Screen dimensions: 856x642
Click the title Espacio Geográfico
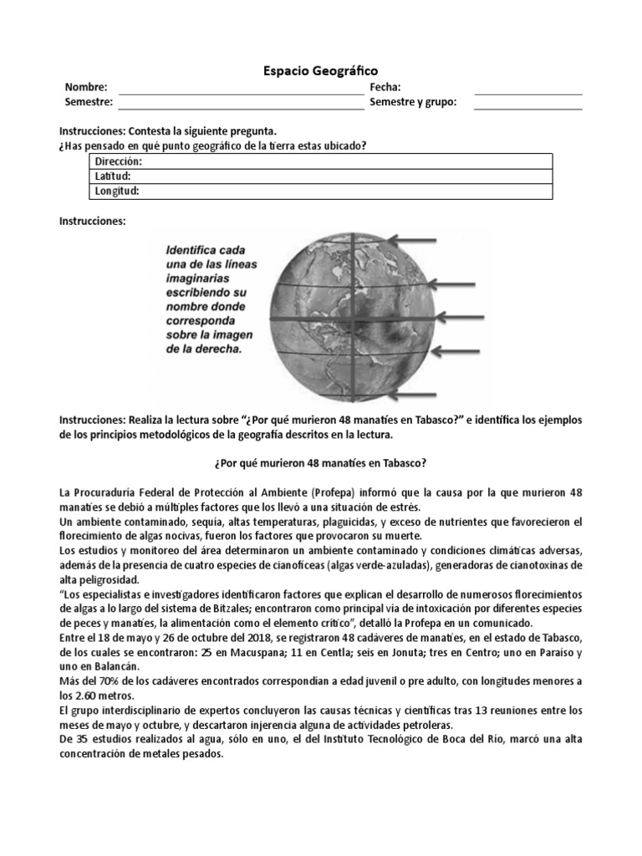pyautogui.click(x=321, y=72)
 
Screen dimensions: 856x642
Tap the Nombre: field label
pyautogui.click(x=86, y=88)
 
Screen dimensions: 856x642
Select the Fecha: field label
pyautogui.click(x=385, y=88)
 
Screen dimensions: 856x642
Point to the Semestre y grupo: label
pyautogui.click(x=413, y=102)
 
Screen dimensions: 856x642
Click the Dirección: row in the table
pyautogui.click(x=322, y=161)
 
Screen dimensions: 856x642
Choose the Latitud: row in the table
pyautogui.click(x=322, y=176)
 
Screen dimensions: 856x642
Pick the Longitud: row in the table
pyautogui.click(x=322, y=191)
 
